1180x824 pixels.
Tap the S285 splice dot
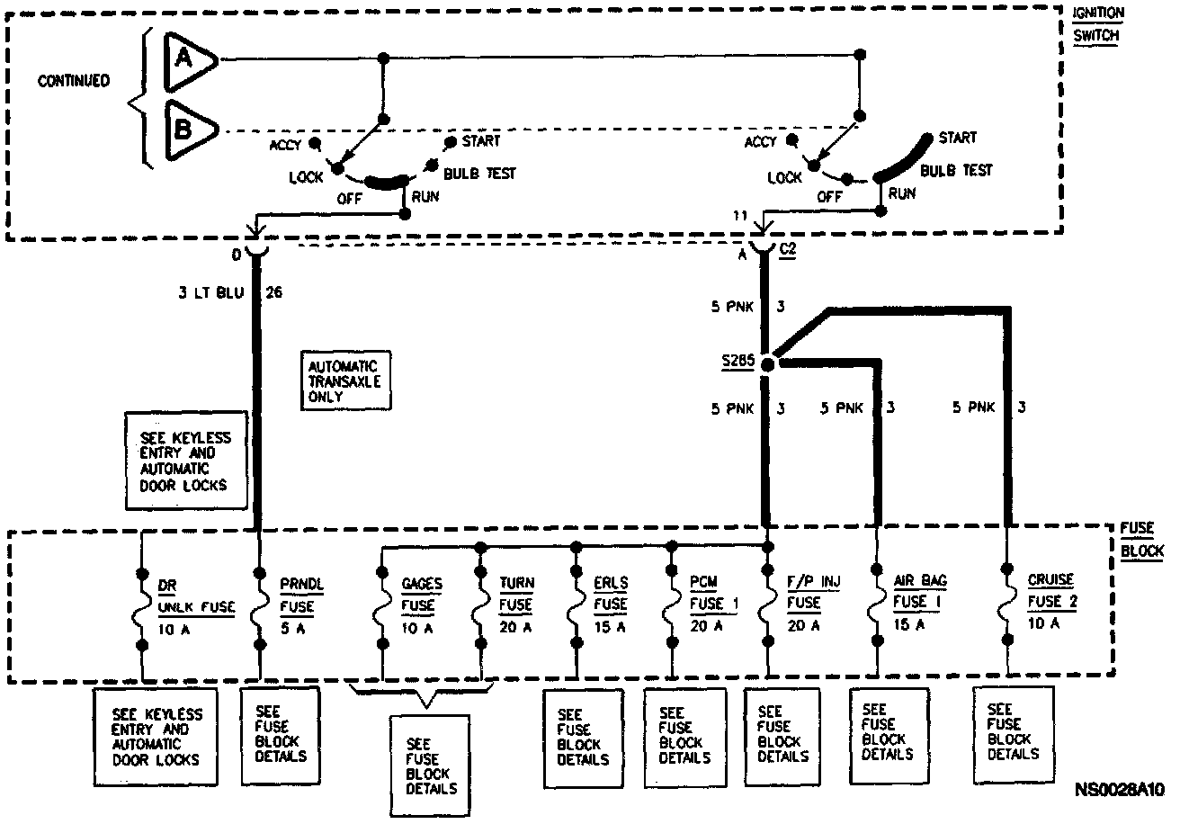pyautogui.click(x=767, y=364)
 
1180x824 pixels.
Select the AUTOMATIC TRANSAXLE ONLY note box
pyautogui.click(x=344, y=381)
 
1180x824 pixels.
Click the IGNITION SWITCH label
pyautogui.click(x=1097, y=24)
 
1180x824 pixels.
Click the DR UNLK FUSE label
pyautogui.click(x=196, y=596)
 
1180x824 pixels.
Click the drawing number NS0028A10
pyautogui.click(x=1119, y=790)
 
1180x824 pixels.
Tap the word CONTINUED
pyautogui.click(x=74, y=81)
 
